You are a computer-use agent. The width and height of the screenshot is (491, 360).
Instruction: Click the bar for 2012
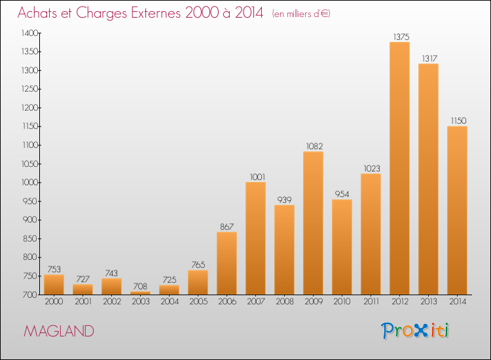[x=399, y=168]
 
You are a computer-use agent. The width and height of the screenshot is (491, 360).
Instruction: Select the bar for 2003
[x=140, y=293]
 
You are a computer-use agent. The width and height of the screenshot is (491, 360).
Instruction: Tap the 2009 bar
[x=313, y=223]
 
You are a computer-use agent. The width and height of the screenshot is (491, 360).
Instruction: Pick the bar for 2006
[x=227, y=263]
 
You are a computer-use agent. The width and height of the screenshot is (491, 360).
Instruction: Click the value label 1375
[x=401, y=37]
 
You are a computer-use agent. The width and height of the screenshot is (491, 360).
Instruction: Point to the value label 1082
[x=314, y=146]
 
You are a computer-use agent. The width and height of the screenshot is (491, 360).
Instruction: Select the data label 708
[x=140, y=286]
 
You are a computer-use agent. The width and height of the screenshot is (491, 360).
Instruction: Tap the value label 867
[x=227, y=226]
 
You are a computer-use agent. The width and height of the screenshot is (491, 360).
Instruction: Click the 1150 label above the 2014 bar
[x=458, y=121]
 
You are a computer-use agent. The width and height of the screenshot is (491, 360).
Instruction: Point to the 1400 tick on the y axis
[x=29, y=33]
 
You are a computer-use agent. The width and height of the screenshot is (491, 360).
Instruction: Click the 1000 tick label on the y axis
[x=29, y=183]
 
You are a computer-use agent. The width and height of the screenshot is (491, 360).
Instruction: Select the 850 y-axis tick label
[x=31, y=238]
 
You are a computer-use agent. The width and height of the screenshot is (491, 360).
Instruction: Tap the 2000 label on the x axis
[x=54, y=302]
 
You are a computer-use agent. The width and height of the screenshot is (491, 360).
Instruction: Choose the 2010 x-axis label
[x=342, y=302]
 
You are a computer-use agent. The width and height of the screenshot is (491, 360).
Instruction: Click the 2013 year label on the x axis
[x=428, y=302]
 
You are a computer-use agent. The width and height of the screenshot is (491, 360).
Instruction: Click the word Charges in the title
[x=101, y=13]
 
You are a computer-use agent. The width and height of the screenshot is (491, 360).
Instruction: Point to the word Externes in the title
[x=156, y=12]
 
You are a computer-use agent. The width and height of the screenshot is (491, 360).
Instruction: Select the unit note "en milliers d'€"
[x=301, y=14]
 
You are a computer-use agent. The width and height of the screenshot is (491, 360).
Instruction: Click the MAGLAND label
[x=59, y=331]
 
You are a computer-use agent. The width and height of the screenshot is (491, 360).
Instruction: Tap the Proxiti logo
[x=415, y=331]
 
